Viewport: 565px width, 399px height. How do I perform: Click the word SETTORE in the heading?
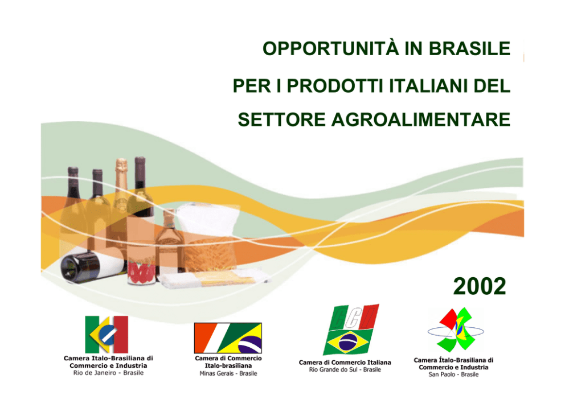tap(282, 120)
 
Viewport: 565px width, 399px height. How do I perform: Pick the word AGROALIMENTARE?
tap(421, 120)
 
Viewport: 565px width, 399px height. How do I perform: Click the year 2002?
tap(480, 286)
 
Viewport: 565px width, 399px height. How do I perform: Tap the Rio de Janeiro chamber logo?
tap(107, 335)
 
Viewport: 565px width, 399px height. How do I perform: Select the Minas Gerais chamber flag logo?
tap(228, 338)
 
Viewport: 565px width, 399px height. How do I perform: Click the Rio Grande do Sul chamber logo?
tap(351, 330)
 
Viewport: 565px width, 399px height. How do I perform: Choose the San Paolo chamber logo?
tap(456, 330)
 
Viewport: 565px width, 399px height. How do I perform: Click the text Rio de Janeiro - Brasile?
tap(108, 373)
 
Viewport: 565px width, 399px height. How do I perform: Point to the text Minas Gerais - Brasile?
tap(228, 373)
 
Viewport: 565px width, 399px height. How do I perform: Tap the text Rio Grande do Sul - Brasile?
tap(345, 370)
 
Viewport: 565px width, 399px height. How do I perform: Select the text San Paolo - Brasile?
tap(454, 375)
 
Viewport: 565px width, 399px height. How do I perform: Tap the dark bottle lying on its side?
tap(93, 266)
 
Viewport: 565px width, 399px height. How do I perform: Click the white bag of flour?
tap(208, 219)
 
